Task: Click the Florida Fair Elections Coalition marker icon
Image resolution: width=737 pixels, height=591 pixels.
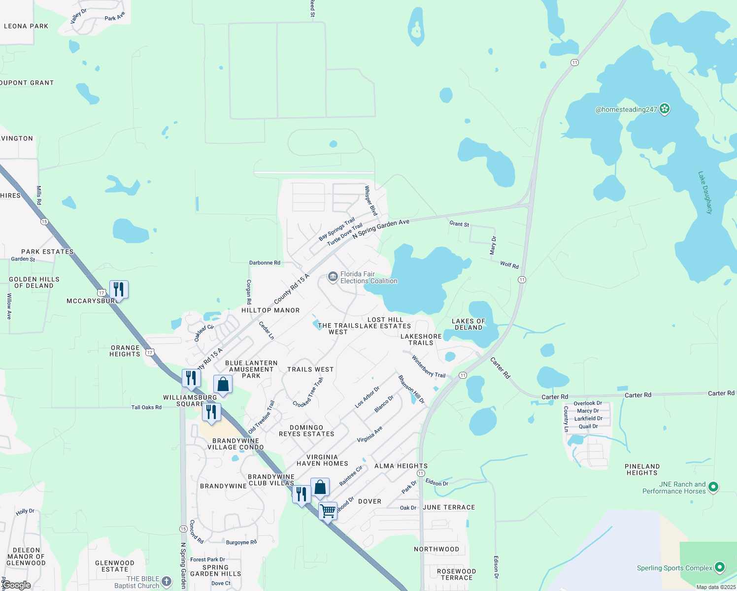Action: tap(333, 277)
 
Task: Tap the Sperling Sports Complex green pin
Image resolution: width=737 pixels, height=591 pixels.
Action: tap(719, 567)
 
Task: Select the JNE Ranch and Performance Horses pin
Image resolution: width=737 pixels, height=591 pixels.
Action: tap(713, 487)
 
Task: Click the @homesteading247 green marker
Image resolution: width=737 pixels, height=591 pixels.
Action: tap(665, 109)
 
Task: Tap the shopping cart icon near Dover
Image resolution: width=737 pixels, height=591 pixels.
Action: tap(328, 511)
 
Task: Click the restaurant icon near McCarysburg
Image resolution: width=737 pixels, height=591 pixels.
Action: tap(119, 289)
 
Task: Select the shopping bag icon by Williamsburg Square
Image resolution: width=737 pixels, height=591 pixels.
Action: tap(223, 384)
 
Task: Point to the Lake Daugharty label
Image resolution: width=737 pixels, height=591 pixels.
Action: tap(705, 193)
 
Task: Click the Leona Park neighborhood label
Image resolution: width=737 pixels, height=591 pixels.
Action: tap(26, 26)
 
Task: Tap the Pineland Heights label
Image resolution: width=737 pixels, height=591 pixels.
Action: tap(642, 469)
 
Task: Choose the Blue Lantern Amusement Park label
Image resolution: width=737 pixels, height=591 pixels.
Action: tap(251, 369)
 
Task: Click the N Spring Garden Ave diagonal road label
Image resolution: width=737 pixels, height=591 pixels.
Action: tap(381, 229)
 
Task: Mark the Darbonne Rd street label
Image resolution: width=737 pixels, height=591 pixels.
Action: tap(265, 263)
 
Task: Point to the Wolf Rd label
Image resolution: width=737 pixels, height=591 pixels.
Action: tap(509, 265)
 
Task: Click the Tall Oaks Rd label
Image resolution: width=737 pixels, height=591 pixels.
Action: tap(146, 407)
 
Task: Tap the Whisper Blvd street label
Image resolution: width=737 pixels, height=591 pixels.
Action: tap(370, 200)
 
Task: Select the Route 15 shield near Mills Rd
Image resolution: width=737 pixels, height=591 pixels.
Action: tap(45, 222)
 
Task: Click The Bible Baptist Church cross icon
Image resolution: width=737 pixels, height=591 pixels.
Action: tap(167, 582)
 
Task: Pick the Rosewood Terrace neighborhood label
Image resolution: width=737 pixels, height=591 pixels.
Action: tap(457, 574)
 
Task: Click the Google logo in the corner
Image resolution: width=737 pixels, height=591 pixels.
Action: tap(17, 585)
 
